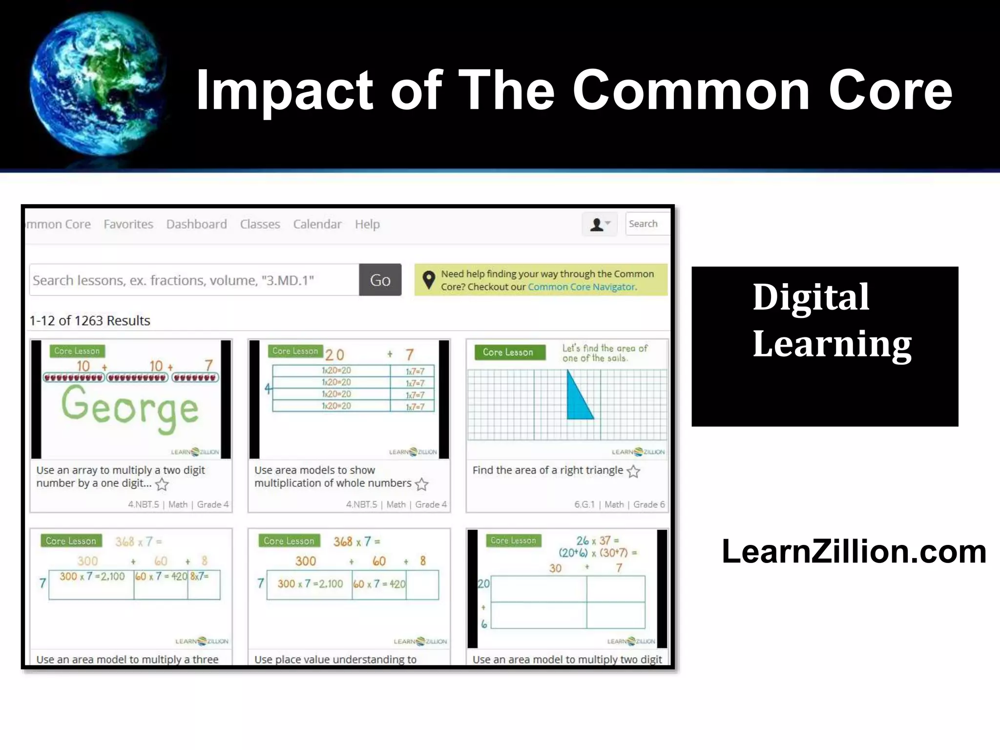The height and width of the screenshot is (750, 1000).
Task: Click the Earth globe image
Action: pos(98,83)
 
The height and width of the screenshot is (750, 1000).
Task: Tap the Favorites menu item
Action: pos(128,224)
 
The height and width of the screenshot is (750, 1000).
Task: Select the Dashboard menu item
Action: pos(196,224)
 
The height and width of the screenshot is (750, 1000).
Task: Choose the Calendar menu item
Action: pos(317,224)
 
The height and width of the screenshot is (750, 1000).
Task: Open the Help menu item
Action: pos(367,224)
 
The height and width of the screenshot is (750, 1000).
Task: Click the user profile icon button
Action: pos(600,224)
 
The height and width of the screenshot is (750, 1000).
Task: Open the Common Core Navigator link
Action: pos(582,287)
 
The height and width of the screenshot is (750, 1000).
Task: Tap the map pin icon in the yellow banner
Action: pos(428,280)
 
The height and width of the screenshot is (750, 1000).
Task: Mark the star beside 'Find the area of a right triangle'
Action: pos(633,471)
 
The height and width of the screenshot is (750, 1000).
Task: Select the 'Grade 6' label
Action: pos(649,504)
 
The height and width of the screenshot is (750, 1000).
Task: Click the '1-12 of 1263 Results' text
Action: pos(90,320)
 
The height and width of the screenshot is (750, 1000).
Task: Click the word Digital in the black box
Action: pos(811,297)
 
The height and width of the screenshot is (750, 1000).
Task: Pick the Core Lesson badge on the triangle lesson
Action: pos(508,352)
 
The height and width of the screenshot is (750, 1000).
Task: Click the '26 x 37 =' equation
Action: pos(597,541)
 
